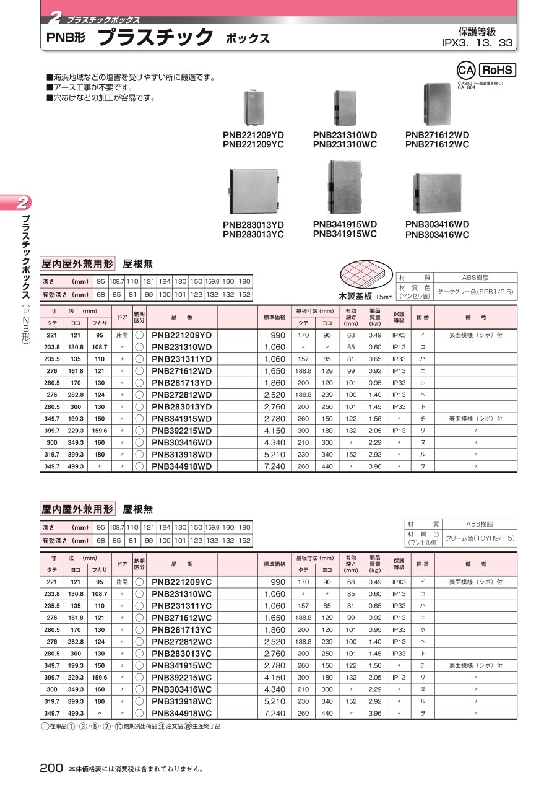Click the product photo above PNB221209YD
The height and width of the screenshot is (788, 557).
[254, 106]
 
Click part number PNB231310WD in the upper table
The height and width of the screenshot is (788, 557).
[182, 347]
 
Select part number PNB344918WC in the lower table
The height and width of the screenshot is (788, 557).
[182, 713]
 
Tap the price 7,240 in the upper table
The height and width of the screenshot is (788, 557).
[274, 466]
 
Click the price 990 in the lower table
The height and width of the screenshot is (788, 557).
[278, 582]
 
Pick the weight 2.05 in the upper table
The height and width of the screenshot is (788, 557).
[375, 431]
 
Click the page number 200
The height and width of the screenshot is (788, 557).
[51, 768]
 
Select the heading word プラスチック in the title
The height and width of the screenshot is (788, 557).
[155, 38]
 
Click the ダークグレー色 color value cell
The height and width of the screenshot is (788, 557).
[475, 291]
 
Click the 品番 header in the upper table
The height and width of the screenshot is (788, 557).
[182, 317]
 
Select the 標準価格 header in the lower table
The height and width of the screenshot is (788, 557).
[274, 564]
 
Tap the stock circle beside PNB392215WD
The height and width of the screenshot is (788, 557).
[139, 431]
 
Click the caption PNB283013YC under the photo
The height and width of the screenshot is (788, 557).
[253, 235]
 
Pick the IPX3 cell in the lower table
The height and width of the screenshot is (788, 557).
[399, 582]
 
